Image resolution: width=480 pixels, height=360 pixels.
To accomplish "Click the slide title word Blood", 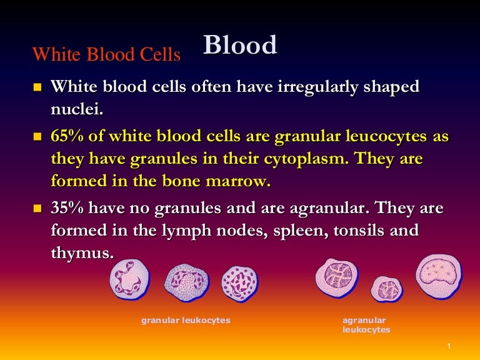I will pyautogui.click(x=240, y=46).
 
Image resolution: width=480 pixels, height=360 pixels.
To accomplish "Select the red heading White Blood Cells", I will pyautogui.click(x=106, y=55).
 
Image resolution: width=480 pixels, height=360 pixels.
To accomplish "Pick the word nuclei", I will pyautogui.click(x=76, y=109).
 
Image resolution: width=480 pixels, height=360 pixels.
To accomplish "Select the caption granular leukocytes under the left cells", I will pyautogui.click(x=186, y=321).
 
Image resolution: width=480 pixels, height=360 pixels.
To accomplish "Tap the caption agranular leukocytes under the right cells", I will pyautogui.click(x=366, y=325).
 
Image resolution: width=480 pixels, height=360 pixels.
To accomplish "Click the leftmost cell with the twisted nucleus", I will pyautogui.click(x=129, y=279).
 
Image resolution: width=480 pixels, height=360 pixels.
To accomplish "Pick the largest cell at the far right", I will pyautogui.click(x=439, y=276).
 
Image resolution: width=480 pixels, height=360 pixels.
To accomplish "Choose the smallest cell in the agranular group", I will pyautogui.click(x=386, y=289).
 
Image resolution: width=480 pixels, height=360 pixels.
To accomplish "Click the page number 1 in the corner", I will pyautogui.click(x=449, y=346).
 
